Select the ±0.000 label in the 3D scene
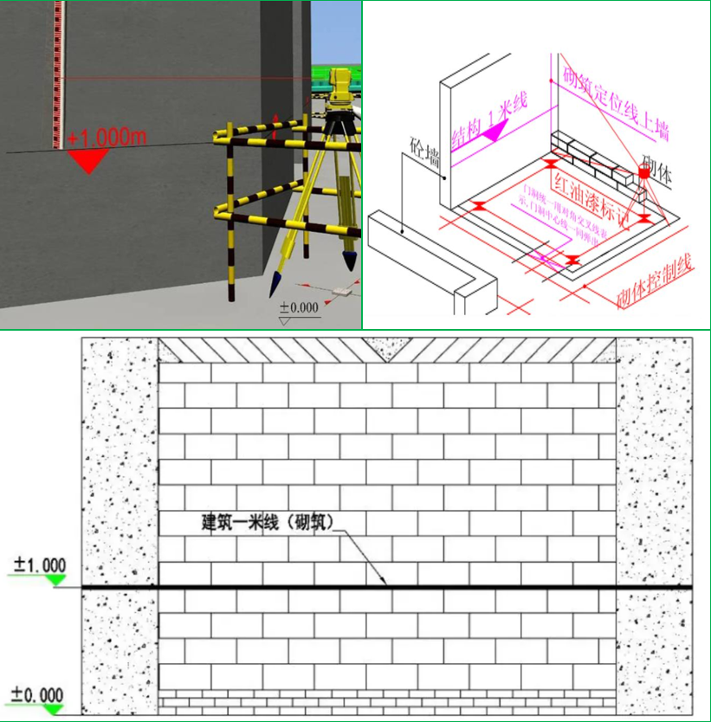pos(298,307)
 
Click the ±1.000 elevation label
pos(39,566)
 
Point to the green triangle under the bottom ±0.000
pos(55,709)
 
